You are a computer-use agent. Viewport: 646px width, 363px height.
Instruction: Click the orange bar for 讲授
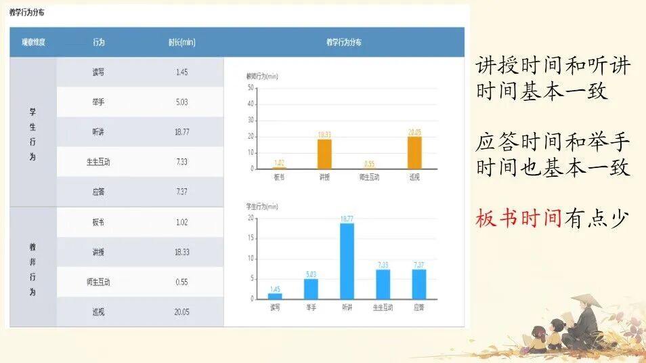[x=324, y=154]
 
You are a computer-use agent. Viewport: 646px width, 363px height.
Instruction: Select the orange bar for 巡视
[x=414, y=152]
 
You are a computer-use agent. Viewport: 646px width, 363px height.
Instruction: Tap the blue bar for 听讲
[x=347, y=261]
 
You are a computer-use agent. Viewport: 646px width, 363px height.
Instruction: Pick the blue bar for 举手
[x=311, y=289]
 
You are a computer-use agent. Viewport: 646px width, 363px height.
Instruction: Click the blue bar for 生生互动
[x=383, y=284]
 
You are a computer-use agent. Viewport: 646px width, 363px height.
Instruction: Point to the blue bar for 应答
[x=419, y=284]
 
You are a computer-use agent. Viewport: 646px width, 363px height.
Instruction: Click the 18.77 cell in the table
[x=181, y=132]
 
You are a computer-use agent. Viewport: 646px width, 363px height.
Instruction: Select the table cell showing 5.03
[x=181, y=102]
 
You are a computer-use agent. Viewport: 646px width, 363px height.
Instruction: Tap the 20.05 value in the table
[x=181, y=312]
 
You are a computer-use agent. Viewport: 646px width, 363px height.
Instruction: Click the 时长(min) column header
[x=181, y=43]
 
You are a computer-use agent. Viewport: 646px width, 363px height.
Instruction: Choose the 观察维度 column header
[x=33, y=43]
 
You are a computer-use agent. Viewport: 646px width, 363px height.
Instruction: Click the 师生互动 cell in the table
[x=99, y=282]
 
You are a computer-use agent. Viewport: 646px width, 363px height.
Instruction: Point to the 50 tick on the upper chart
[x=251, y=88]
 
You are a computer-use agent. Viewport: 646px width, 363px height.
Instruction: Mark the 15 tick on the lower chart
[x=251, y=238]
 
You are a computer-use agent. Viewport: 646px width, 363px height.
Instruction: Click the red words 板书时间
[x=519, y=218]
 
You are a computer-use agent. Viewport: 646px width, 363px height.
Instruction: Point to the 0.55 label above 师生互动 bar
[x=369, y=163]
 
